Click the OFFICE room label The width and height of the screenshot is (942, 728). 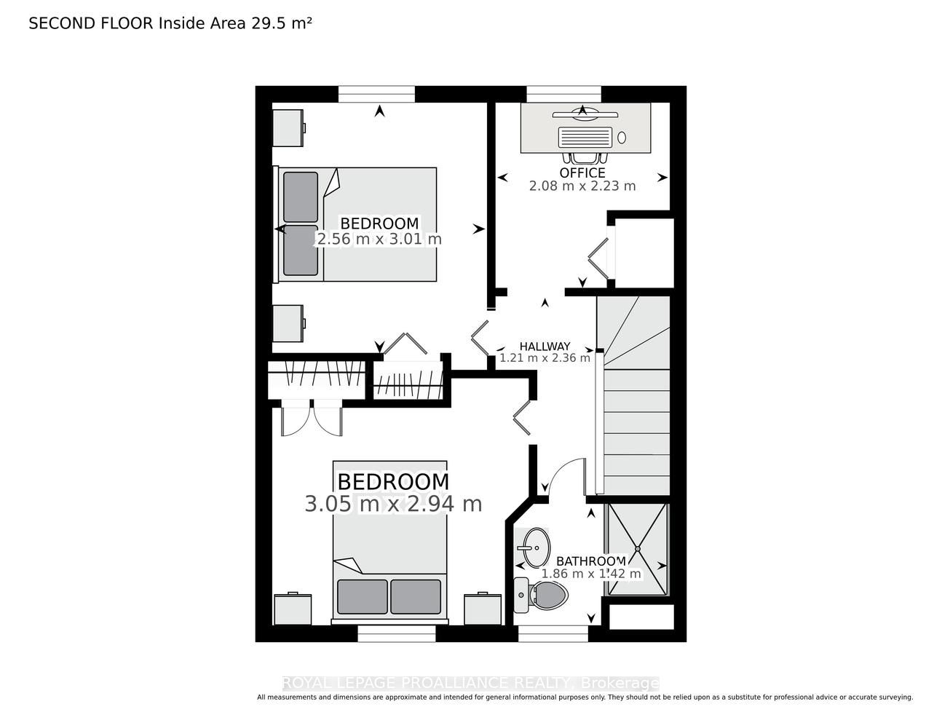tap(582, 173)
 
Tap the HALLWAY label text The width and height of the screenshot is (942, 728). tap(545, 347)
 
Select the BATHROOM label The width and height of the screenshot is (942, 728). tap(591, 561)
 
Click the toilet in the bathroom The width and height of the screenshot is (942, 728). tap(541, 595)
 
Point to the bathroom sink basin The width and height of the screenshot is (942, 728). tap(537, 547)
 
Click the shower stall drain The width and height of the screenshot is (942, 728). tap(638, 549)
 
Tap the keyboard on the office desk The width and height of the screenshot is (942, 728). tap(585, 137)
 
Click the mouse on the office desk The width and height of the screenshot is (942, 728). tap(622, 138)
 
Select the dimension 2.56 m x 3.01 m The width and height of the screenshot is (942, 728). tap(379, 239)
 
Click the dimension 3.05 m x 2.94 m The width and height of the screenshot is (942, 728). tap(393, 504)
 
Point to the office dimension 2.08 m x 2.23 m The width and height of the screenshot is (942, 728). tap(582, 186)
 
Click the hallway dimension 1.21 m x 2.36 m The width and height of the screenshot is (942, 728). tap(545, 358)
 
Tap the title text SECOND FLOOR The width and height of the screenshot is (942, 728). tap(91, 23)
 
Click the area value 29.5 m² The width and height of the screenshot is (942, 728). tap(281, 23)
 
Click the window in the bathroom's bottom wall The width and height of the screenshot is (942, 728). tap(553, 633)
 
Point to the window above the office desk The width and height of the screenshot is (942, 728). tap(564, 94)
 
